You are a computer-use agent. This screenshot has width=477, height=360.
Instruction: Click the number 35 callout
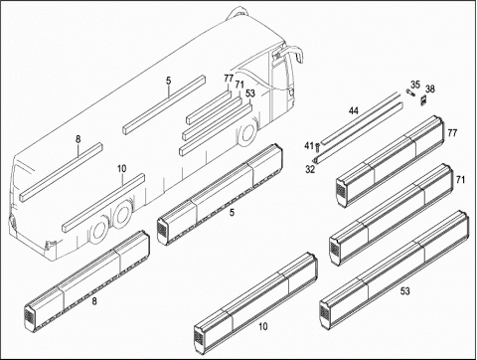[x=415, y=85]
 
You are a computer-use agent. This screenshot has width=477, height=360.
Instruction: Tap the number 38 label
[x=430, y=89]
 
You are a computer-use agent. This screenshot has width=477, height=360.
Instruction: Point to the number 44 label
[x=354, y=111]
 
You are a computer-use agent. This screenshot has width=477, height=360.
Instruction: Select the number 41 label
[x=309, y=145]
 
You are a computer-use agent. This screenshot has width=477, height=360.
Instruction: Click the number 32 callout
[x=310, y=169]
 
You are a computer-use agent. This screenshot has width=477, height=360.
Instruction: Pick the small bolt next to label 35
[x=410, y=92]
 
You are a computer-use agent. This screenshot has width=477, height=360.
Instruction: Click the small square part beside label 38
[x=423, y=100]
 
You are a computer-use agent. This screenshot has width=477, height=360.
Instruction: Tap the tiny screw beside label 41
[x=318, y=145]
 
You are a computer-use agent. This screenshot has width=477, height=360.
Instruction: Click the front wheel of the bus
[x=247, y=133]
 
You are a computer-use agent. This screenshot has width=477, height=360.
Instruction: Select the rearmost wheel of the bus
[x=99, y=232]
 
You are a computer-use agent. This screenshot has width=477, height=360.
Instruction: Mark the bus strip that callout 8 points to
[x=62, y=172]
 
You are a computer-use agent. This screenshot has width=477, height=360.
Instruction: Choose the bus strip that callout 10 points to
[x=103, y=202]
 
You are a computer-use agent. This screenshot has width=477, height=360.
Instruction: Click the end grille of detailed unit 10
[x=199, y=337]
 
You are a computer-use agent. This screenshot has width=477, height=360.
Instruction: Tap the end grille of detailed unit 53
[x=324, y=310]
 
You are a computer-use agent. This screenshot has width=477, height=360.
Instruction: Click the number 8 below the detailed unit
[x=94, y=301]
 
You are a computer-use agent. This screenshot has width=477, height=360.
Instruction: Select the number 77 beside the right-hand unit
[x=452, y=133]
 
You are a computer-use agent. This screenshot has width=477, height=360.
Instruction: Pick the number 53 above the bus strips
[x=250, y=93]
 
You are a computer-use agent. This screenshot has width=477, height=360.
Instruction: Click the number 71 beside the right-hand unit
[x=460, y=180]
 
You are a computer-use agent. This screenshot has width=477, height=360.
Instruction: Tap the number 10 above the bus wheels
[x=122, y=169]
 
